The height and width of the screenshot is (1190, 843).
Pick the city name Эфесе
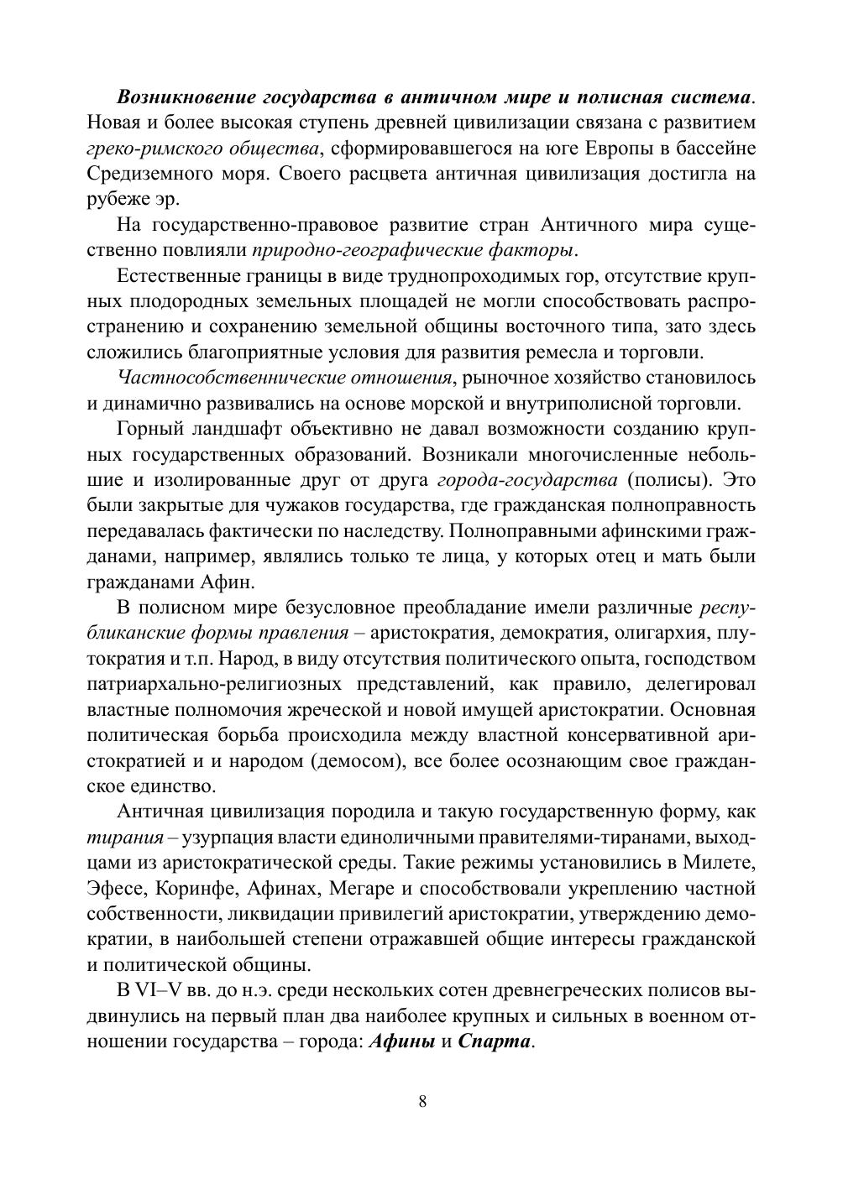click(x=117, y=889)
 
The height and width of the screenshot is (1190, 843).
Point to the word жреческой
click(x=335, y=710)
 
